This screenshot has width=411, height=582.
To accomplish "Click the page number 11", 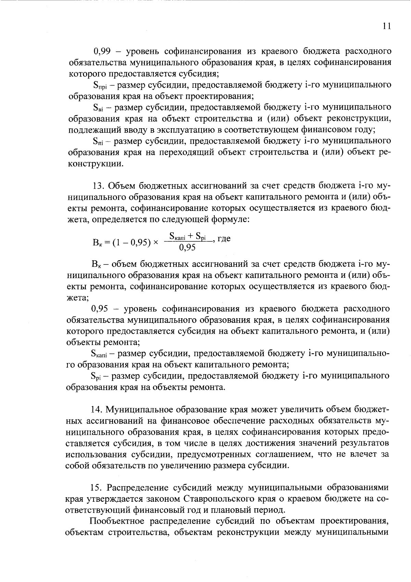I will tap(387, 27).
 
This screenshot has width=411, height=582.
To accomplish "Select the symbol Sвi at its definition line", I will tap(99, 108).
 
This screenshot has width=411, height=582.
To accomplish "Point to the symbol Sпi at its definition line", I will tap(99, 141).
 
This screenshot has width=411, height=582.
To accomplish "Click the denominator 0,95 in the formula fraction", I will tap(187, 247).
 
